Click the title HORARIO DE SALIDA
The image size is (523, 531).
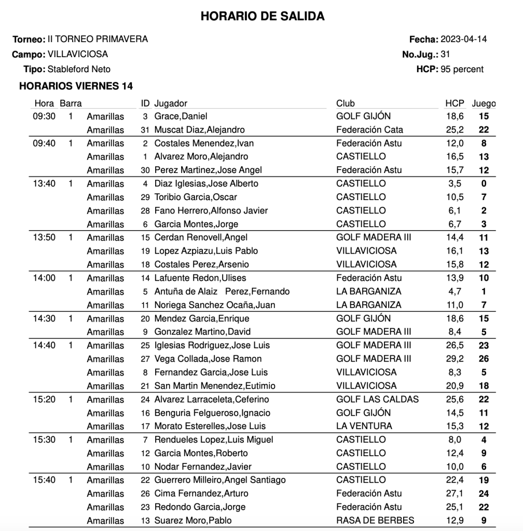click(x=262, y=17)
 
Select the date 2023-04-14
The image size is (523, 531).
click(x=464, y=39)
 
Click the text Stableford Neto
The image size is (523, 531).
click(x=79, y=69)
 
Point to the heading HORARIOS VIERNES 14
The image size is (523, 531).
click(x=76, y=86)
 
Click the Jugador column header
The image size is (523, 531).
click(x=171, y=103)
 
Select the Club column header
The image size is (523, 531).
click(x=346, y=103)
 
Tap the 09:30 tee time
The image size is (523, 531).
click(x=44, y=116)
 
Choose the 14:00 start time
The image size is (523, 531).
click(x=44, y=278)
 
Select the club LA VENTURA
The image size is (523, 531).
click(x=364, y=426)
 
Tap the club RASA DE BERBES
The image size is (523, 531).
click(x=375, y=520)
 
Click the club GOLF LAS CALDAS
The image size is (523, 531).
click(x=377, y=399)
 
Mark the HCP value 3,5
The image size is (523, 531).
click(x=455, y=183)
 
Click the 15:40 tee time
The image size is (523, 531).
click(x=44, y=480)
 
